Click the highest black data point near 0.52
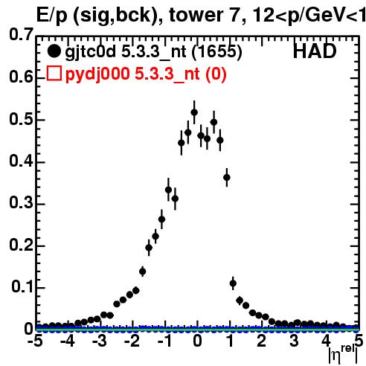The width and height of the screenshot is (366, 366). tap(194, 112)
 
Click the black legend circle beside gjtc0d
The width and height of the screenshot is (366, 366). tap(54, 51)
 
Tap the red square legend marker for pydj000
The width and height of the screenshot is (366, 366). tap(54, 74)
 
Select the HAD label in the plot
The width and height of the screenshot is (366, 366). tap(315, 51)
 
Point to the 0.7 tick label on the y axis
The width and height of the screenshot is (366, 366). tap(21, 34)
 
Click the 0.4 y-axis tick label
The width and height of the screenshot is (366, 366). tap(21, 161)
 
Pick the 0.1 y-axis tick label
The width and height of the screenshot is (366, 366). tap(22, 286)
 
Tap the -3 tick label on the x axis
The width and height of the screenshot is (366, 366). tap(100, 341)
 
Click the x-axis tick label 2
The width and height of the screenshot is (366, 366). tap(262, 341)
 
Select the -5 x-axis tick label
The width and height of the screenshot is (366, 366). tap(36, 341)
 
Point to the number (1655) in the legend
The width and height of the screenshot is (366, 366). tap(217, 51)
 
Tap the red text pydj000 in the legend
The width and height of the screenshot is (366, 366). tap(97, 74)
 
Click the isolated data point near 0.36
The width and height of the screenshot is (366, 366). tap(227, 177)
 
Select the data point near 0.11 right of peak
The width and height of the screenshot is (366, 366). tap(233, 283)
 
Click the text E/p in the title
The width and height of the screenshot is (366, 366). tap(52, 16)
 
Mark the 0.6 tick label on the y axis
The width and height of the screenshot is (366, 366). tap(21, 77)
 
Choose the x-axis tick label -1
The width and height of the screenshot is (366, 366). tap(164, 341)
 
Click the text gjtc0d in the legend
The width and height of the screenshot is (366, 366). tap(91, 52)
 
